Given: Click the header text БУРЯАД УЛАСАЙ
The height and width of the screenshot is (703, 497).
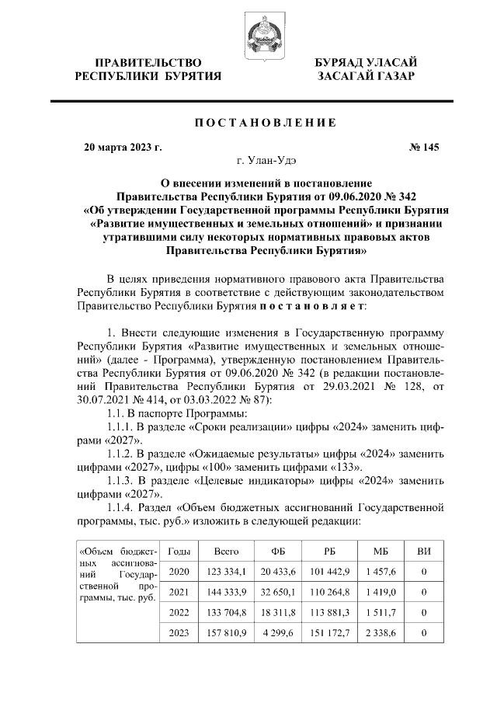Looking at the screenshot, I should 365,61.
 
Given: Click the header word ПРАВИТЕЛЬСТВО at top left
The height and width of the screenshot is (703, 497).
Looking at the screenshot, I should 148,61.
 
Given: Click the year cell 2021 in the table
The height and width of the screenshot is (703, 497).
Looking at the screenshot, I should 179,592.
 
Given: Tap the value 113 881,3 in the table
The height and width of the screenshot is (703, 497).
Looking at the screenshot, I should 330,612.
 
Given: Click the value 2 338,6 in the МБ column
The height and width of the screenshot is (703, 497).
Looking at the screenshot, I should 380,633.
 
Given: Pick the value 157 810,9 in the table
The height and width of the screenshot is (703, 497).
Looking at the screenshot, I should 226,633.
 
